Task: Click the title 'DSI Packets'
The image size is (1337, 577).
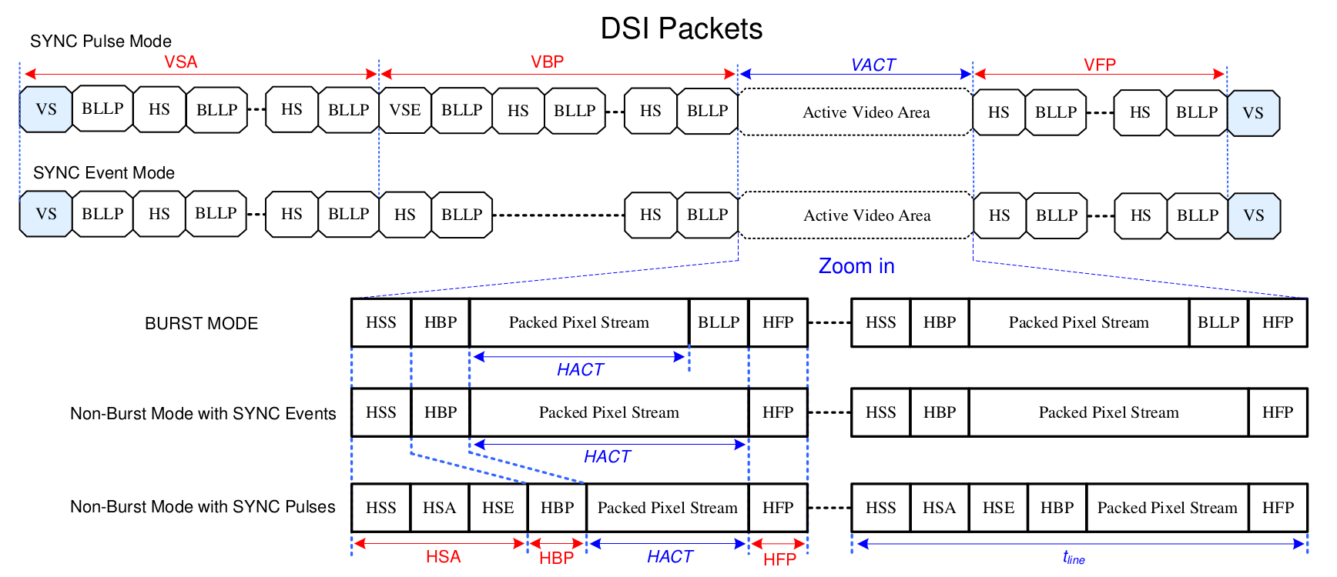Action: coord(681,29)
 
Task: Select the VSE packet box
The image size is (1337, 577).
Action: coord(405,110)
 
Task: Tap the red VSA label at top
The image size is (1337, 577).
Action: coord(181,62)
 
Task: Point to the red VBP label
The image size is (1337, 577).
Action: coord(547,62)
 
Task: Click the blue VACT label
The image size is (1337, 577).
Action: coord(873,65)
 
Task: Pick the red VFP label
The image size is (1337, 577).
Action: coord(1099,65)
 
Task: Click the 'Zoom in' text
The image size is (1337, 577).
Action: coord(856,266)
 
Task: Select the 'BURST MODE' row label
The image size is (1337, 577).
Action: coord(201,324)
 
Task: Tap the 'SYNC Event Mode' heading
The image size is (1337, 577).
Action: coord(104,173)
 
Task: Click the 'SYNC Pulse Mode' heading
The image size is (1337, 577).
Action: coord(101,42)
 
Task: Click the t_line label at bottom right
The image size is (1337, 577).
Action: coord(1074,558)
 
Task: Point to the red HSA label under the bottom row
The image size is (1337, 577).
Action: coord(443,557)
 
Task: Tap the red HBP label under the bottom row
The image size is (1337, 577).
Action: coord(556,559)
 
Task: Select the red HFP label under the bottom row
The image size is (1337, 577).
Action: coord(779,559)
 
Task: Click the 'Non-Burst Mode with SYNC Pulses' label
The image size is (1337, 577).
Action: coord(203,507)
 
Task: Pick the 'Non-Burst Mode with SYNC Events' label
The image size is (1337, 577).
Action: coord(203,414)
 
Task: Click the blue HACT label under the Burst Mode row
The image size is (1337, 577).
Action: coord(580,370)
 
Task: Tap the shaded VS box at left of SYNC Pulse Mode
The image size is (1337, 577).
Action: coord(46,109)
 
